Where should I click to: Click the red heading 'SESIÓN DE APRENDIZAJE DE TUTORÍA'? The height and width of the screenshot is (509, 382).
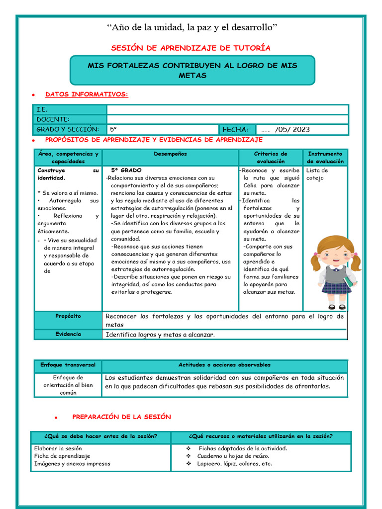click(x=191, y=48)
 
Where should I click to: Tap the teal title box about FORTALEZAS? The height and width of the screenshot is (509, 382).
click(x=192, y=70)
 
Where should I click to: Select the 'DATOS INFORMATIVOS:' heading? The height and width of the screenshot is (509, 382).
click(x=87, y=94)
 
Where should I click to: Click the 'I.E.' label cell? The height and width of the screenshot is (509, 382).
click(x=70, y=109)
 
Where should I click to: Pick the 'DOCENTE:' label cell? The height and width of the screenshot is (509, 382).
click(x=70, y=119)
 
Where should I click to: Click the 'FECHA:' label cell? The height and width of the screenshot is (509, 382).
click(x=237, y=129)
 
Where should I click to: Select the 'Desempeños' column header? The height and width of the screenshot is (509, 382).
click(x=170, y=154)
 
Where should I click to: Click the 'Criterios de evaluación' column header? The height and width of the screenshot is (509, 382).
click(x=271, y=158)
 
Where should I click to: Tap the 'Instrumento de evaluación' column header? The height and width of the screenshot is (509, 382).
click(x=325, y=158)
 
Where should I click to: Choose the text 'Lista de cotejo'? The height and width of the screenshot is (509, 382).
click(x=317, y=174)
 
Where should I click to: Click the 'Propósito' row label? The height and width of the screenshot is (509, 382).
click(x=68, y=316)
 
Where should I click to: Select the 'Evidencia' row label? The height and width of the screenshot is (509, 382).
click(x=68, y=334)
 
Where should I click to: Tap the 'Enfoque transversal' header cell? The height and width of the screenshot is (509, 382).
click(x=68, y=365)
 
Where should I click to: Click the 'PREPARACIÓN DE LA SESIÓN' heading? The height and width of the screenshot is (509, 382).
click(x=121, y=417)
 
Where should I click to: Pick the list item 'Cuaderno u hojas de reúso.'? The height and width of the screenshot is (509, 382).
click(x=233, y=456)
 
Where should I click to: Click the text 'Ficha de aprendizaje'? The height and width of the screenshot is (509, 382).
click(x=62, y=456)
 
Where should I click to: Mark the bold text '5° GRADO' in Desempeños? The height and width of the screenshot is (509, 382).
click(x=126, y=170)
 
